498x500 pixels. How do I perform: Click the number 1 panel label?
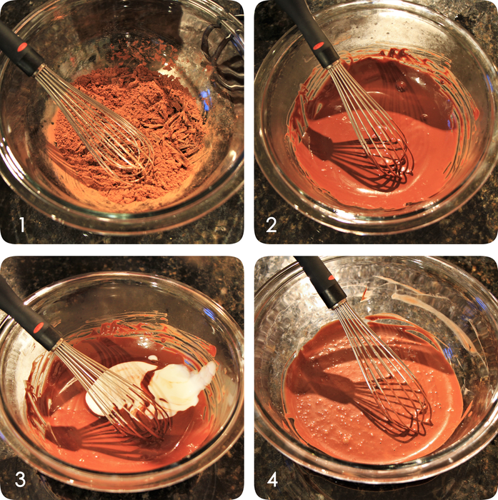click(21, 224)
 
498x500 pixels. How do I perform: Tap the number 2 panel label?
click(272, 224)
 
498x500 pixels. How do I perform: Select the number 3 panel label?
click(20, 479)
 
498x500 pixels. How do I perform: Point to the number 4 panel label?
click(272, 479)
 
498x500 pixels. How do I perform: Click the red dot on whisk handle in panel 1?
click(22, 47)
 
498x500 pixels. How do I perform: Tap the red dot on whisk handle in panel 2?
click(318, 46)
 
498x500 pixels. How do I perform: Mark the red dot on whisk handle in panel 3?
click(39, 327)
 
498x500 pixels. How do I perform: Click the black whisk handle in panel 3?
click(27, 316)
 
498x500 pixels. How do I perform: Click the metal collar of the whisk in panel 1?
click(39, 69)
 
